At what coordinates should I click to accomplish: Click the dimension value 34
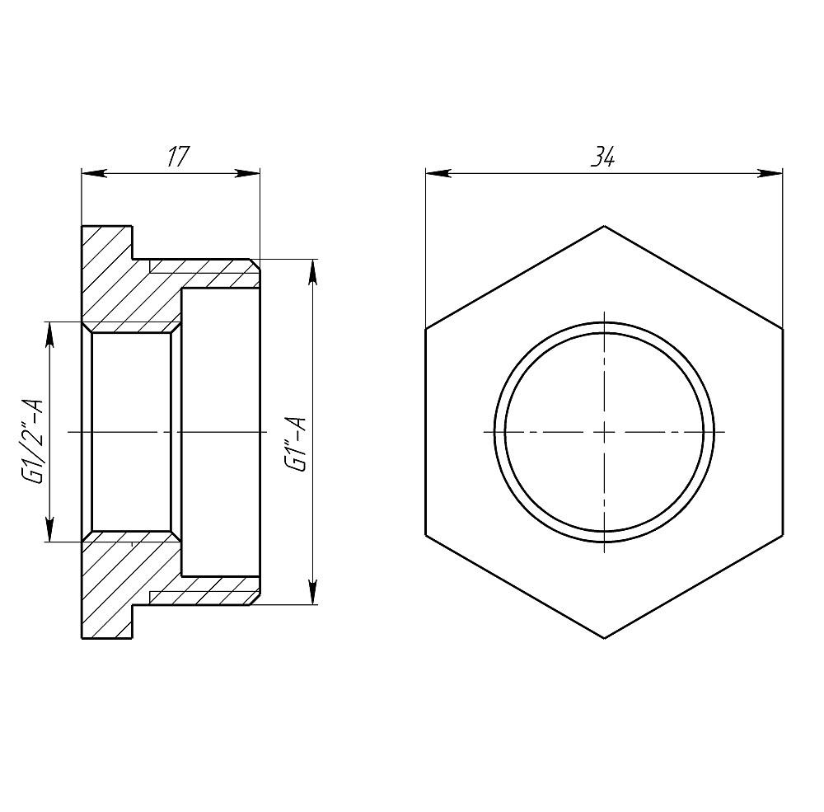coord(604,158)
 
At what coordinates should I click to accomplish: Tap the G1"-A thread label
coord(297,445)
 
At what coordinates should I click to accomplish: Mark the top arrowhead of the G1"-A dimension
coord(313,272)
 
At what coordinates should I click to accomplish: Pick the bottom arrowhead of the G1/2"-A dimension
coord(50,529)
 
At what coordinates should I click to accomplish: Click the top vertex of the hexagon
coord(604,225)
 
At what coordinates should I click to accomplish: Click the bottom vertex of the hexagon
coord(604,638)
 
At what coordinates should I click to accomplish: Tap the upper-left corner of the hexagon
coord(426,328)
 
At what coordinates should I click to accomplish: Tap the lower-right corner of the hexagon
coord(782,535)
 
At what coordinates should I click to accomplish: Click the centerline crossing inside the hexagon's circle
coord(604,431)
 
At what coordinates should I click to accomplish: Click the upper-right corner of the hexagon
coord(782,328)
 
